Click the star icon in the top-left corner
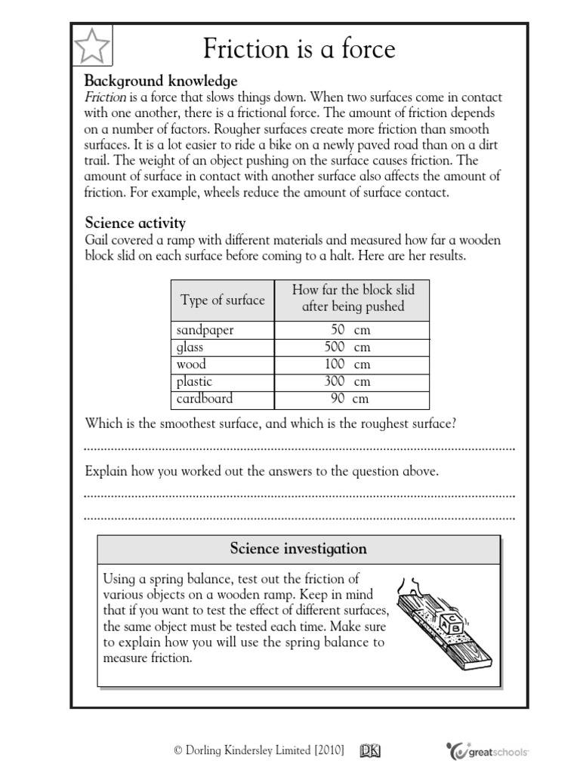[x=92, y=46]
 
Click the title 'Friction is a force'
[x=300, y=48]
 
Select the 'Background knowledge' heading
[x=161, y=81]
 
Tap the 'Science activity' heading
[x=135, y=223]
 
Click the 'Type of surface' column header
[x=223, y=300]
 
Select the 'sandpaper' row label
[x=205, y=331]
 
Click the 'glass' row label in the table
[x=190, y=347]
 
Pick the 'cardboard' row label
[x=205, y=398]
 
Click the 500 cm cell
[x=350, y=347]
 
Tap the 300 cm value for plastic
[x=350, y=381]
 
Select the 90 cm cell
[x=350, y=398]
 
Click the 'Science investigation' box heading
[x=298, y=549]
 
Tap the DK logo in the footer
[x=370, y=750]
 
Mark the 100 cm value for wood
[x=350, y=365]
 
